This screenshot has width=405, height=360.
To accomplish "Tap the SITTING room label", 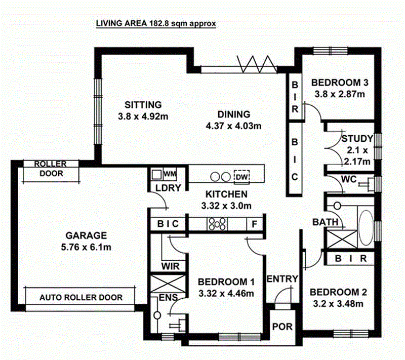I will click(x=143, y=105).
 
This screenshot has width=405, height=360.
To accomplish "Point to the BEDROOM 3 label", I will click(x=339, y=83).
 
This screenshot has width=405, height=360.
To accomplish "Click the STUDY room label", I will click(x=356, y=138).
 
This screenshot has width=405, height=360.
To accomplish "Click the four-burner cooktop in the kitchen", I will click(x=217, y=223).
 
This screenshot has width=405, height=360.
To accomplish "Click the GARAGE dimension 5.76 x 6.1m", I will click(x=86, y=247).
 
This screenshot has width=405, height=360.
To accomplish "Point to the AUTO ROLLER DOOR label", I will click(x=81, y=297).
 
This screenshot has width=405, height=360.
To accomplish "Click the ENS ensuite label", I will click(x=167, y=297).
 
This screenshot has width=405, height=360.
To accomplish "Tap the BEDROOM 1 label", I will click(x=226, y=282).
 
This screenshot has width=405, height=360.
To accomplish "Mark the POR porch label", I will click(x=282, y=327).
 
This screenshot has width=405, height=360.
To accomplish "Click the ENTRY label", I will click(x=282, y=279).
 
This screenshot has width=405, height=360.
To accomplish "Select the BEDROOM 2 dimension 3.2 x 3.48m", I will click(x=339, y=304).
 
